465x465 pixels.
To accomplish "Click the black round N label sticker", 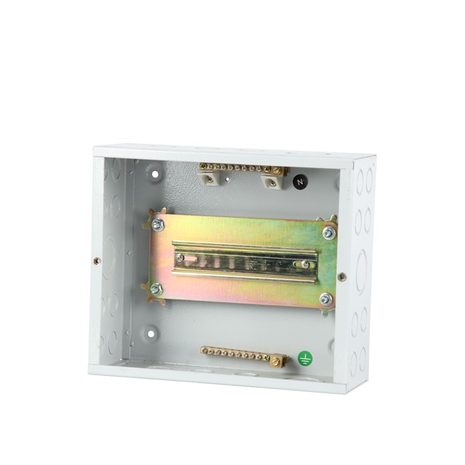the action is [300, 181].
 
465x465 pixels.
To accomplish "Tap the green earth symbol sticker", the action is [305, 358].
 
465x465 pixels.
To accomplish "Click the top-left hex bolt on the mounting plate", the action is [158, 225].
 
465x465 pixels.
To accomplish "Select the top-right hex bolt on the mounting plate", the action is [329, 232].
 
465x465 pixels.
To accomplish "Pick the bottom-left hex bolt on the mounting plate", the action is [156, 289].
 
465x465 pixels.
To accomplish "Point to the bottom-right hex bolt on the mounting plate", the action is [327, 299].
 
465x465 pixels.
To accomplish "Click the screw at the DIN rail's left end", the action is [179, 258].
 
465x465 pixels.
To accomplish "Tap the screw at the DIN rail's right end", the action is [304, 264].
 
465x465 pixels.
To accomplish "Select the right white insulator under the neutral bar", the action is [273, 181].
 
